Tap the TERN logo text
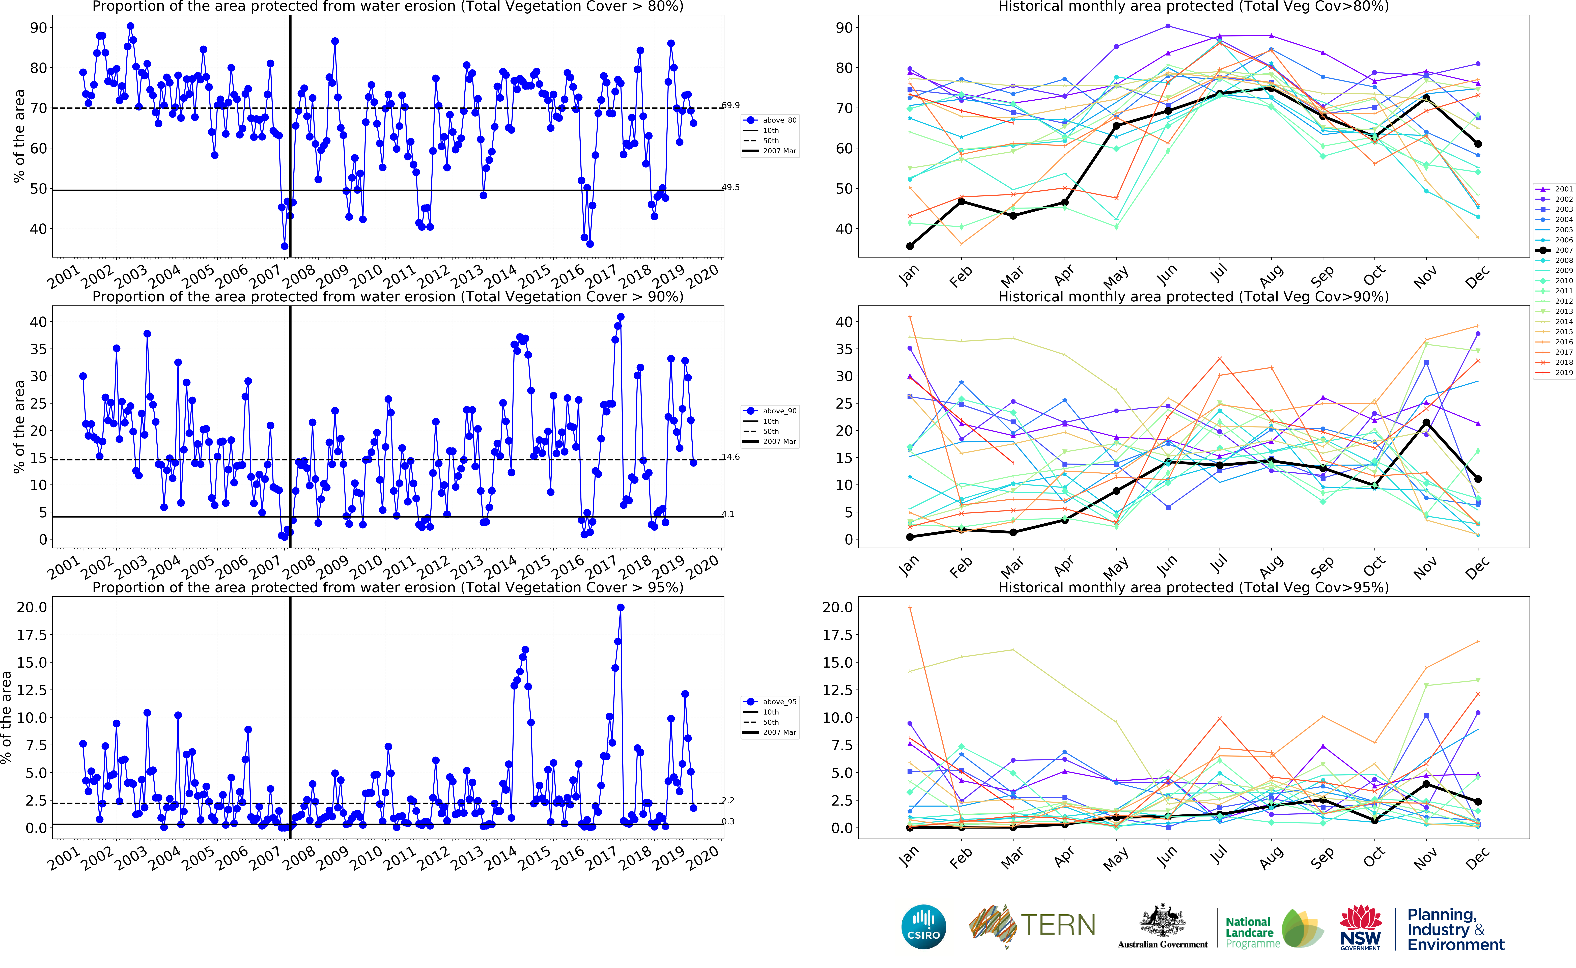coord(1057,925)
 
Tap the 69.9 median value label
coord(730,105)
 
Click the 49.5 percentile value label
coord(730,188)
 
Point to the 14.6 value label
coord(730,457)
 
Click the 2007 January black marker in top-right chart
coord(910,246)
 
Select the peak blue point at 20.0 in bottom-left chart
coord(620,608)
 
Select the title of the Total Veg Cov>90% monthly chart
coord(1193,297)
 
